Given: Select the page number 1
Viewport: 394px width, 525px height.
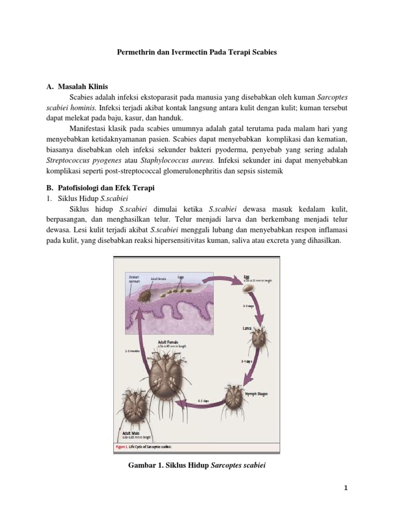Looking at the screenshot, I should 346,488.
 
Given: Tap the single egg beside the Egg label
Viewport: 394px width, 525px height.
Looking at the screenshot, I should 249,289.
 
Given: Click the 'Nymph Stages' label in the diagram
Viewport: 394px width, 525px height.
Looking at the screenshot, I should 256,394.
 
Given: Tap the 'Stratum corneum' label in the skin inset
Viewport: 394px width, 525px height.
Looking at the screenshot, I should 134,279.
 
